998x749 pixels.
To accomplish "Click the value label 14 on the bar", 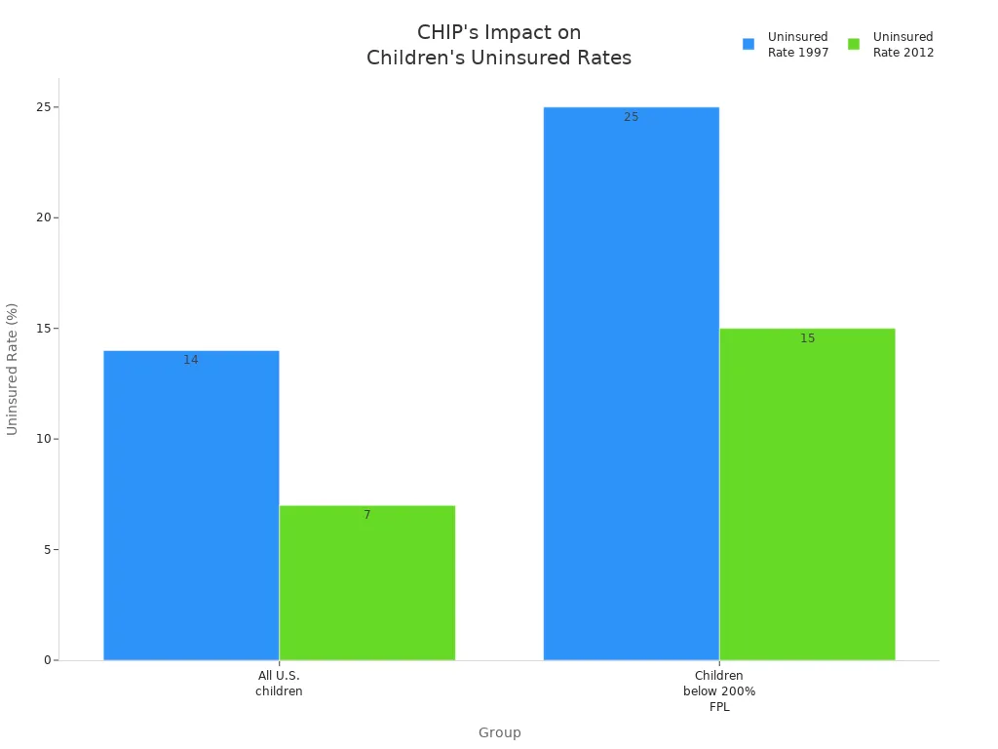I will pos(191,360).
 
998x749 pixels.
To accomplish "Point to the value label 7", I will pos(367,515).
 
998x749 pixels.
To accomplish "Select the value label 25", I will pos(632,117).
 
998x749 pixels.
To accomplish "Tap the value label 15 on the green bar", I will pos(808,338).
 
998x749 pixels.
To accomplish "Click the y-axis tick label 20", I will pos(43,217).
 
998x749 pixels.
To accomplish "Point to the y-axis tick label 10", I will pos(43,439).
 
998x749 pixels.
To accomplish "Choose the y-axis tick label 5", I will pos(46,550).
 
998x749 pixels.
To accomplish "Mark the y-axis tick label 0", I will pos(46,660).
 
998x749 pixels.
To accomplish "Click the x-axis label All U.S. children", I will pos(279,684).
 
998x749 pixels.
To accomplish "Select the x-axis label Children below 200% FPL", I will pos(719,691).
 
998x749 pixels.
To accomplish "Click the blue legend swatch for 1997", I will pos(748,44).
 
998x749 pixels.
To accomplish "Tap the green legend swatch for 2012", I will pos(854,44).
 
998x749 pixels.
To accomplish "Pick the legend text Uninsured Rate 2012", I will pos(902,45).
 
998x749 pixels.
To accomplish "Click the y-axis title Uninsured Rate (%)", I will pos(13,369).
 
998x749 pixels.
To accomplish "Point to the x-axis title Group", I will pos(499,733).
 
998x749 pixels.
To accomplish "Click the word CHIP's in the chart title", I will pos(449,32).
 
